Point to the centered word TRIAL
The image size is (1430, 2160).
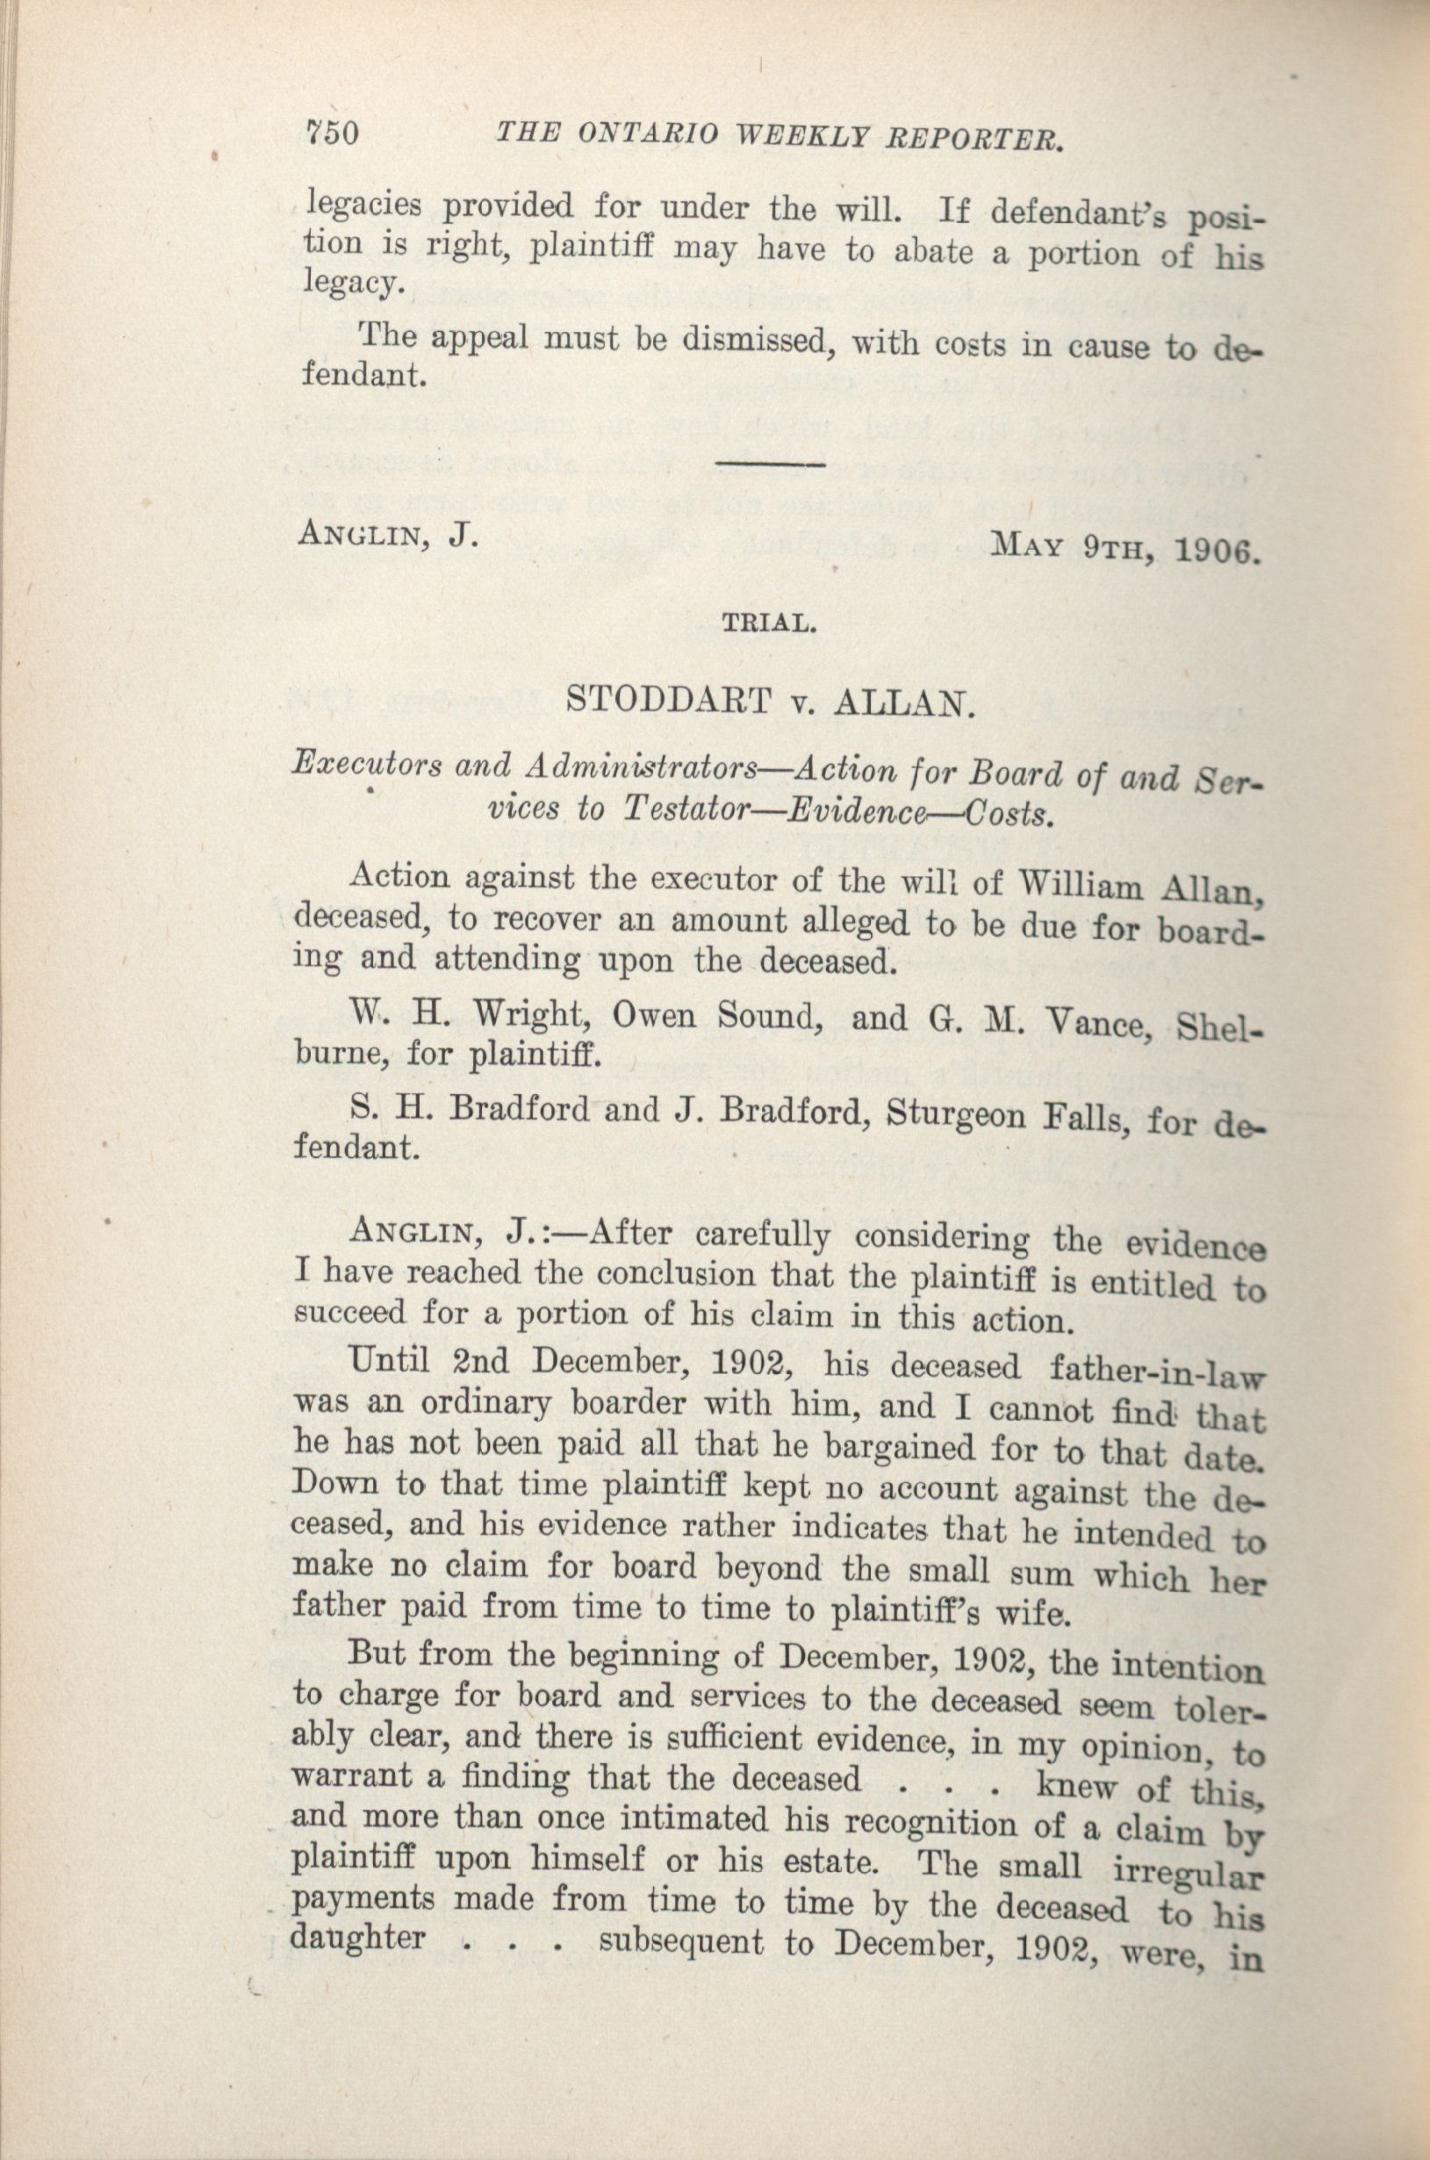768,624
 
